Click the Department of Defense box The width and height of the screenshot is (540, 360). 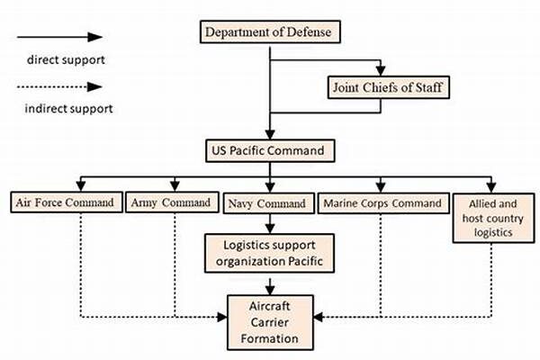click(x=268, y=32)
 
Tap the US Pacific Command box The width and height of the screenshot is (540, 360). click(x=268, y=148)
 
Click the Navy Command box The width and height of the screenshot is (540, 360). click(x=267, y=203)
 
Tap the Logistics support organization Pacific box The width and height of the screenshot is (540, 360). click(x=268, y=254)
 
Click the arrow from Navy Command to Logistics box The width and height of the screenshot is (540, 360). click(x=268, y=224)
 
